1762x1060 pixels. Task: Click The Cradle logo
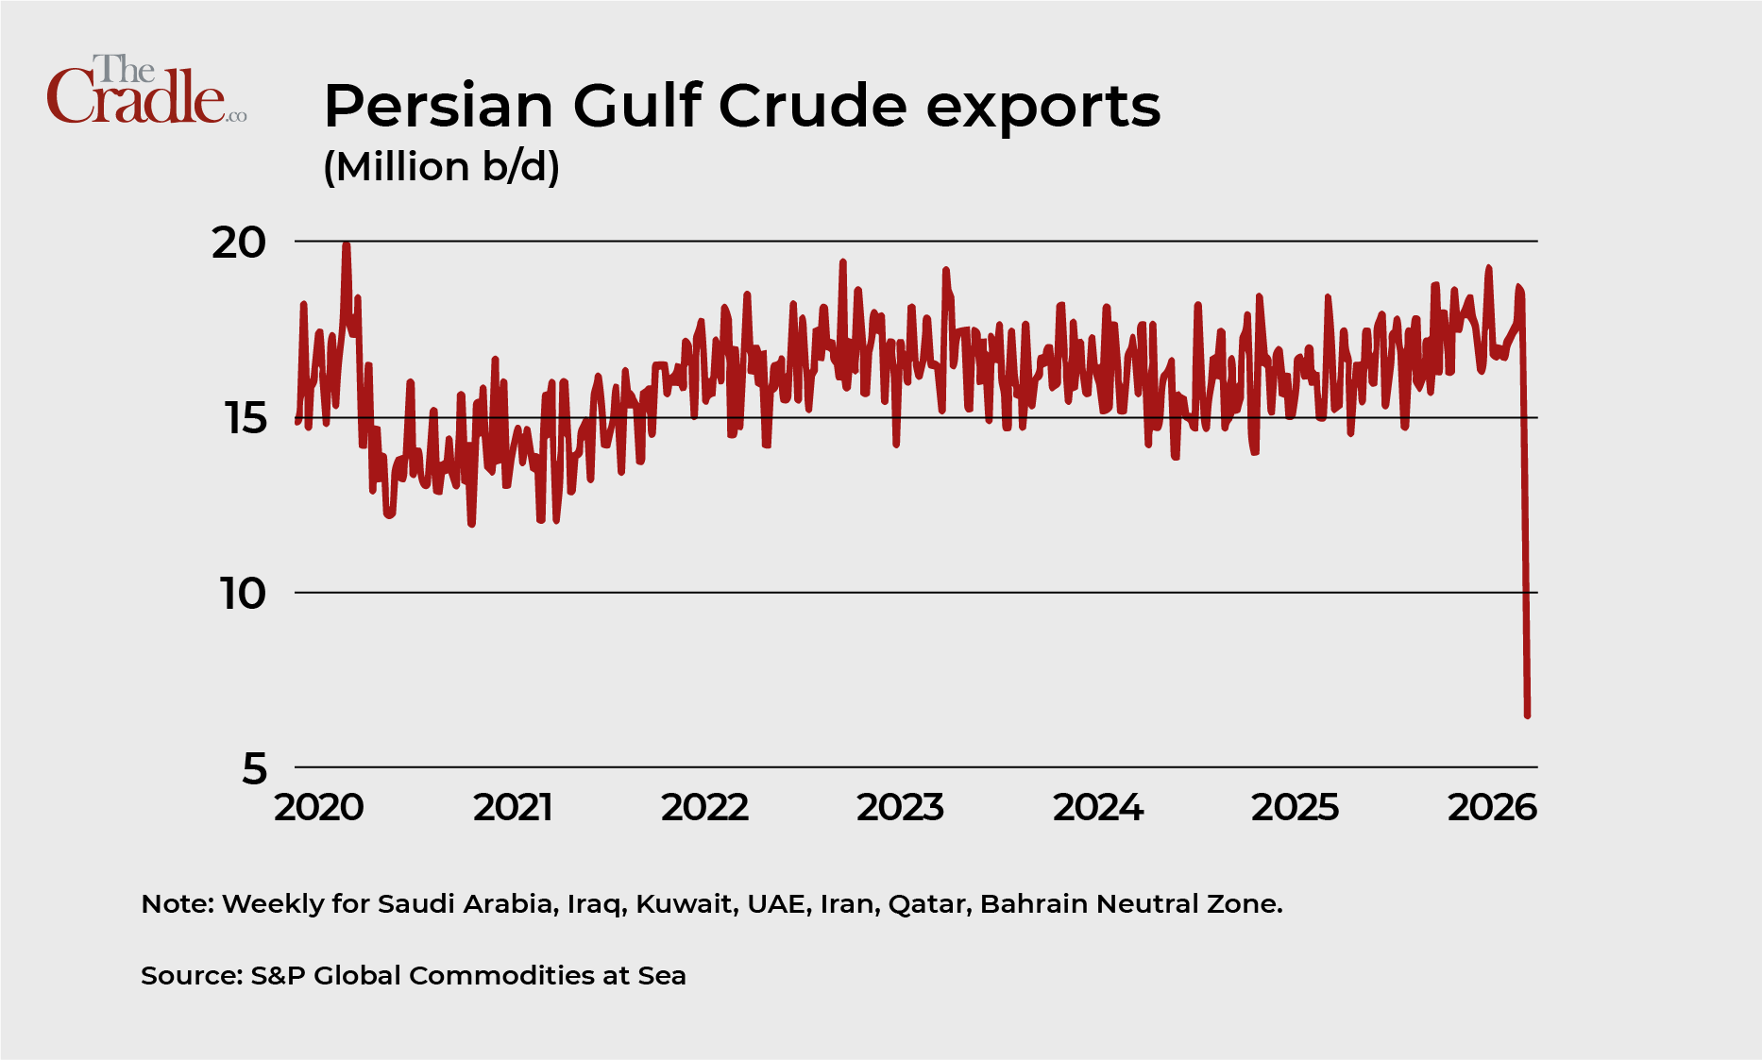[146, 91]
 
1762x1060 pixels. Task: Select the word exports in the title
[1042, 108]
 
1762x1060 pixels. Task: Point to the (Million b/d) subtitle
[441, 167]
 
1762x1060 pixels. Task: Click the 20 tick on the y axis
[239, 243]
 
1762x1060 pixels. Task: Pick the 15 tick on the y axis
[246, 418]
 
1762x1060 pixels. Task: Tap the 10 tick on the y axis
[244, 594]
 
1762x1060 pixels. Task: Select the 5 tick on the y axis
[254, 769]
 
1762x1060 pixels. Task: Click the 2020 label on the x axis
[318, 808]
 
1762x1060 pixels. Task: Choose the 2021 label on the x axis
[513, 808]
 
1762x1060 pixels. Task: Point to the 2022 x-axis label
[704, 808]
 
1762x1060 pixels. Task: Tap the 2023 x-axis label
[900, 808]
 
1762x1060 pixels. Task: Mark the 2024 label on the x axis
[1098, 808]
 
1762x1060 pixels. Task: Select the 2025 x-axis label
[1295, 808]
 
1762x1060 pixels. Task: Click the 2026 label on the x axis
[1492, 808]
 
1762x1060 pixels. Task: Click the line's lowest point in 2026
[1527, 715]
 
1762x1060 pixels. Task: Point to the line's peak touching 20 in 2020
[347, 245]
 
